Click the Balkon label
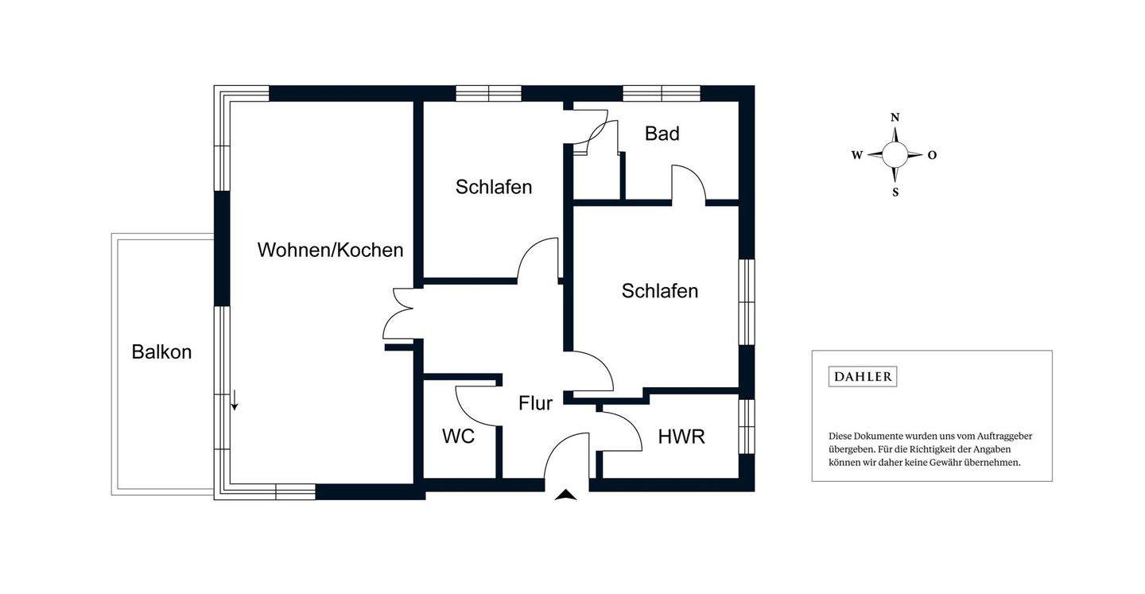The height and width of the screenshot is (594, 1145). [161, 351]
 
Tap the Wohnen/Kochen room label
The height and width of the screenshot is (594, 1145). [330, 250]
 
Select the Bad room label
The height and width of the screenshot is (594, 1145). [662, 134]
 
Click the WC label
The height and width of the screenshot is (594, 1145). [458, 436]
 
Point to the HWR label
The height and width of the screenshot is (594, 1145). [681, 436]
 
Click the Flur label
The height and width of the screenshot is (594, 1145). [535, 403]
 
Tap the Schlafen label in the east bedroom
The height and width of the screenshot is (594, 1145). [659, 291]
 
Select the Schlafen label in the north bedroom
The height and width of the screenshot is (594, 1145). [493, 187]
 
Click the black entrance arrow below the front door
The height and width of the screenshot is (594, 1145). [565, 495]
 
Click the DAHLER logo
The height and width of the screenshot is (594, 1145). [862, 376]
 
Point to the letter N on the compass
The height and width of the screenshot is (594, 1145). [895, 118]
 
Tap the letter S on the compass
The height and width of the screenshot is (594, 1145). [895, 192]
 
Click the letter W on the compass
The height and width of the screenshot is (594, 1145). [856, 156]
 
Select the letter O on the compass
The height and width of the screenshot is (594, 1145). [932, 156]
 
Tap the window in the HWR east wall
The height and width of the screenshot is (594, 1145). [746, 425]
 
